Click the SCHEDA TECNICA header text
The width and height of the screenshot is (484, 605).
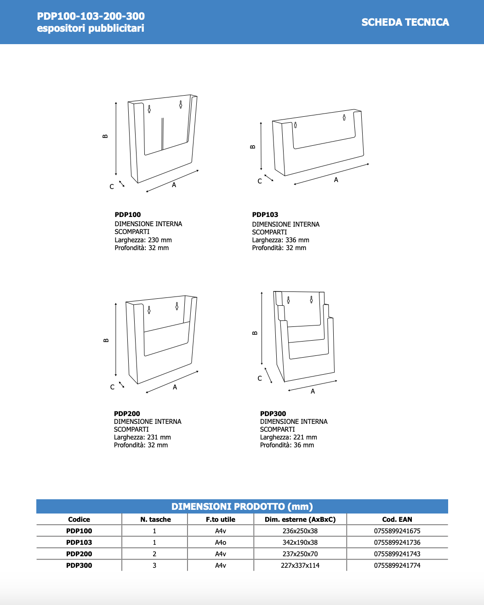[405, 22]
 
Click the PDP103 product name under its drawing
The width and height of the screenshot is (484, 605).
[265, 215]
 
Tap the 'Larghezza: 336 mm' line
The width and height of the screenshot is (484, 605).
[280, 240]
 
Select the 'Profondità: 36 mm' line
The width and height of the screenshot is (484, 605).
[287, 445]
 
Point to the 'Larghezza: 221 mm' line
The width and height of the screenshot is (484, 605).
[288, 437]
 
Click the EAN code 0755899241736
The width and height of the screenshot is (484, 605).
[397, 542]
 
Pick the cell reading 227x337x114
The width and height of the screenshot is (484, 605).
[300, 565]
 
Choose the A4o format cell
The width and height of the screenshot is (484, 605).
[221, 542]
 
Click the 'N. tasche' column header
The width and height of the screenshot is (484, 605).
[155, 519]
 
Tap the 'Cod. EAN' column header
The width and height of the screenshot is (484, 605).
[397, 519]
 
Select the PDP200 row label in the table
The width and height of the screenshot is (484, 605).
[79, 554]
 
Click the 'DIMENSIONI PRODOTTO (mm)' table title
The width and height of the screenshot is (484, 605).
[242, 507]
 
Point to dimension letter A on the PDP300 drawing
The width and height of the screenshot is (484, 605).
[313, 391]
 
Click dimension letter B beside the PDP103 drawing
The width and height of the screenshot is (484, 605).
[253, 147]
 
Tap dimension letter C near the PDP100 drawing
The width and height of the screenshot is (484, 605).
[112, 187]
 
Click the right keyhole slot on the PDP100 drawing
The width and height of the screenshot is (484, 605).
[181, 104]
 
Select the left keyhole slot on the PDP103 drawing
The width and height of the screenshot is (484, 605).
[296, 125]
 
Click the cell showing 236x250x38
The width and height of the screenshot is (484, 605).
[300, 531]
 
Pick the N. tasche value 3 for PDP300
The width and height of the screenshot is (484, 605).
[154, 565]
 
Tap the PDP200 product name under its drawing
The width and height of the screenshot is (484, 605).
[127, 414]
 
